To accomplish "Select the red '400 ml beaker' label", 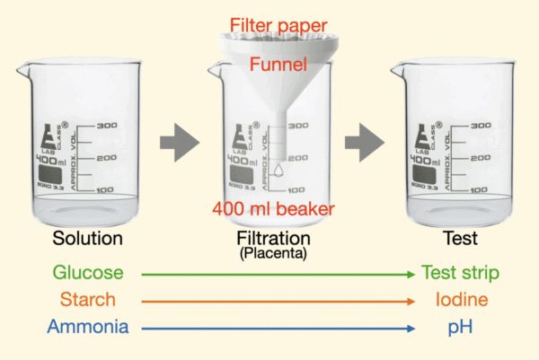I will [273, 209].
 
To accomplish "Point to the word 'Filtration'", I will [273, 239].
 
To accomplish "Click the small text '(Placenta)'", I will [273, 254].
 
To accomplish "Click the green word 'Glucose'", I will [88, 272].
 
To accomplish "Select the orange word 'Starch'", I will [88, 300].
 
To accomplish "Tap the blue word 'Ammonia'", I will [88, 328].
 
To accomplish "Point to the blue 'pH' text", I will [459, 328].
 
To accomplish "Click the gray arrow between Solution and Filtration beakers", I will [179, 141].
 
